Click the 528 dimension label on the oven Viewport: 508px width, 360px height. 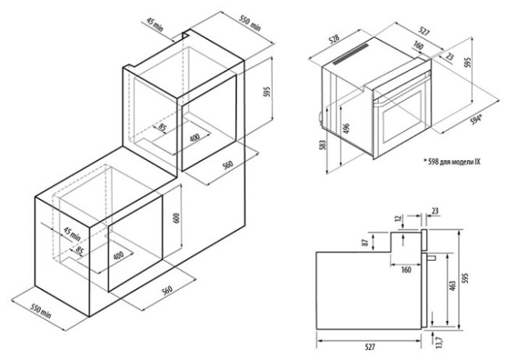pyautogui.click(x=334, y=39)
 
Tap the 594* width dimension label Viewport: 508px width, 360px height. pyautogui.click(x=476, y=120)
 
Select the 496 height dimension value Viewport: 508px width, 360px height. pyautogui.click(x=346, y=129)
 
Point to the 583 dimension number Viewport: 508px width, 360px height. pyautogui.click(x=322, y=144)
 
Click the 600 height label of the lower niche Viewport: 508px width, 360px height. pyautogui.click(x=177, y=218)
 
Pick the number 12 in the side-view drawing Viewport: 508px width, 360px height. pyautogui.click(x=399, y=219)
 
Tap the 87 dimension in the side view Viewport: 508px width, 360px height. pyautogui.click(x=365, y=242)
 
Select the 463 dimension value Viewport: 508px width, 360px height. pyautogui.click(x=453, y=286)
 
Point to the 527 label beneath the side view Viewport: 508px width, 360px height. pyautogui.click(x=370, y=347)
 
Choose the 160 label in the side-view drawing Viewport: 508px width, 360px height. pyautogui.click(x=406, y=269)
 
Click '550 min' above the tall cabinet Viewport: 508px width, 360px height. pyautogui.click(x=250, y=23)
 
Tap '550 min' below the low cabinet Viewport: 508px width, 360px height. pyautogui.click(x=41, y=311)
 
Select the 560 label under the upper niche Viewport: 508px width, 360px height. pyautogui.click(x=227, y=165)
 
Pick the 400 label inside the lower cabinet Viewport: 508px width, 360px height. pyautogui.click(x=120, y=256)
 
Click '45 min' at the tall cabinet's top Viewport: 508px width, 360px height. pyautogui.click(x=155, y=24)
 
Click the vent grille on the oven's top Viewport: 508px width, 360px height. pyautogui.click(x=351, y=54)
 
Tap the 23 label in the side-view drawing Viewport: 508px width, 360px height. pyautogui.click(x=435, y=211)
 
